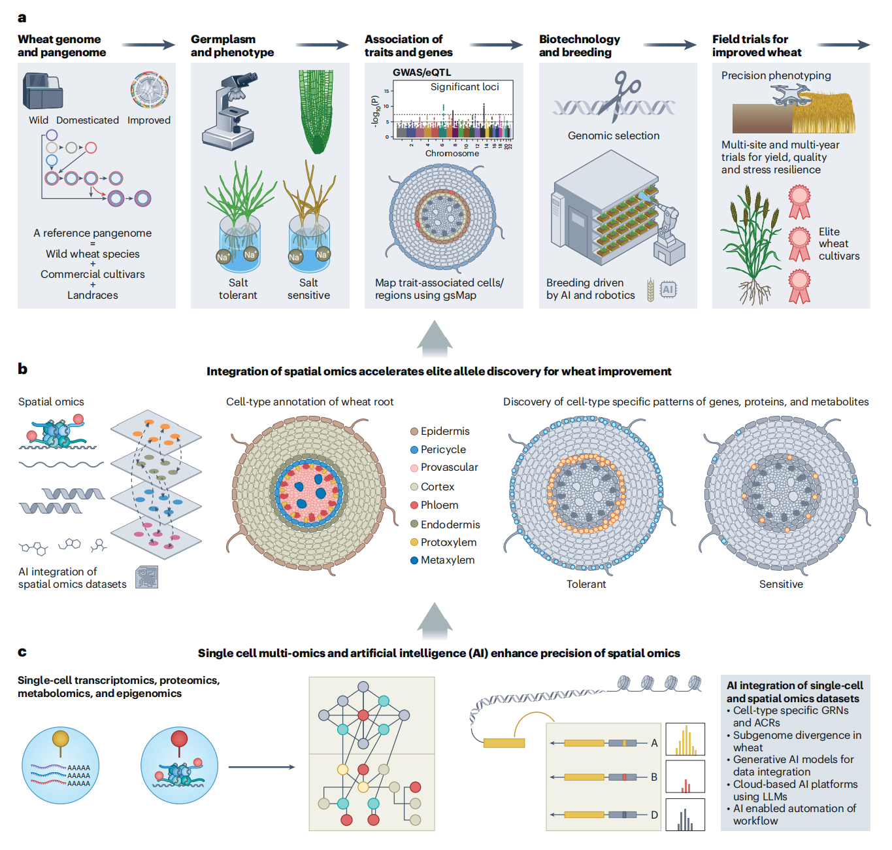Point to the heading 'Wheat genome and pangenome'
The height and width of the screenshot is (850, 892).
pyautogui.click(x=61, y=46)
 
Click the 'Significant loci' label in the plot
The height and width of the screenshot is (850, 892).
pyautogui.click(x=465, y=87)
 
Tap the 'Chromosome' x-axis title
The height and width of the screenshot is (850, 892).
pyautogui.click(x=452, y=154)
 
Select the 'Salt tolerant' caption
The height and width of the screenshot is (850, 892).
pyautogui.click(x=238, y=289)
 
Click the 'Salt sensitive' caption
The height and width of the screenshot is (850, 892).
pyautogui.click(x=308, y=289)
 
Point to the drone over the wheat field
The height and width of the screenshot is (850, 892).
pyautogui.click(x=791, y=95)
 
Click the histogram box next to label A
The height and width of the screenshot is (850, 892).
pyautogui.click(x=685, y=739)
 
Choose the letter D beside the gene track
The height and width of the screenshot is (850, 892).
pyautogui.click(x=654, y=815)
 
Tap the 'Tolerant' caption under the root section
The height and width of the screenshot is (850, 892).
pyautogui.click(x=586, y=585)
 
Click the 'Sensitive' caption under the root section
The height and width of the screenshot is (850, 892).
pyautogui.click(x=781, y=585)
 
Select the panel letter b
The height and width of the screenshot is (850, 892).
pyautogui.click(x=23, y=369)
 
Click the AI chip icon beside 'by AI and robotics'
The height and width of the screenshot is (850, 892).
pyautogui.click(x=668, y=290)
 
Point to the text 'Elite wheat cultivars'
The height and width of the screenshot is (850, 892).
pyautogui.click(x=838, y=244)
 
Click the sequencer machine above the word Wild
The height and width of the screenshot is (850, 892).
pyautogui.click(x=42, y=92)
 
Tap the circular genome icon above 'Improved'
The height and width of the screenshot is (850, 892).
pyautogui.click(x=149, y=90)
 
